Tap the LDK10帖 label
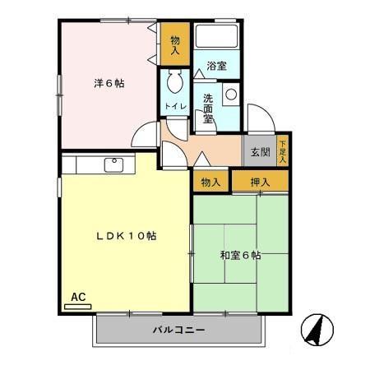(x=125, y=236)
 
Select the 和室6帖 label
(x=241, y=256)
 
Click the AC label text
(x=78, y=296)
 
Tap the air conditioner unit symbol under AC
(x=78, y=306)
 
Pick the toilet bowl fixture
(x=174, y=82)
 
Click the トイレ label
(x=174, y=107)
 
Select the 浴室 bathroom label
(x=217, y=66)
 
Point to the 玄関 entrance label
(x=260, y=152)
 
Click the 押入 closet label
(x=261, y=181)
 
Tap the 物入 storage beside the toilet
(x=175, y=44)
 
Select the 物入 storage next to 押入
(x=210, y=181)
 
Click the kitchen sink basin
(x=113, y=164)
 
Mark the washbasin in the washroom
(x=231, y=95)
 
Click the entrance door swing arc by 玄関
(x=256, y=118)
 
